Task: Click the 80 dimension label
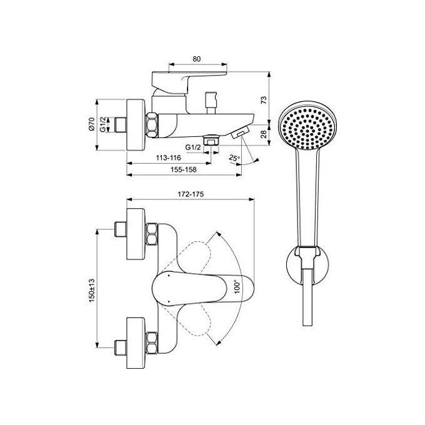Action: (197, 59)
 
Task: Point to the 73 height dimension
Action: (264, 100)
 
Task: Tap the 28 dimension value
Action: (264, 134)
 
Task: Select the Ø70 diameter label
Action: (92, 124)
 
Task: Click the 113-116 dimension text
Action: (168, 157)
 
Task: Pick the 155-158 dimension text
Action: (184, 169)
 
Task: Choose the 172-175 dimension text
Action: (191, 194)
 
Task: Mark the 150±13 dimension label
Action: (92, 290)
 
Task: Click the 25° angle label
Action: (234, 157)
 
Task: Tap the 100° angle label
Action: (237, 287)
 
